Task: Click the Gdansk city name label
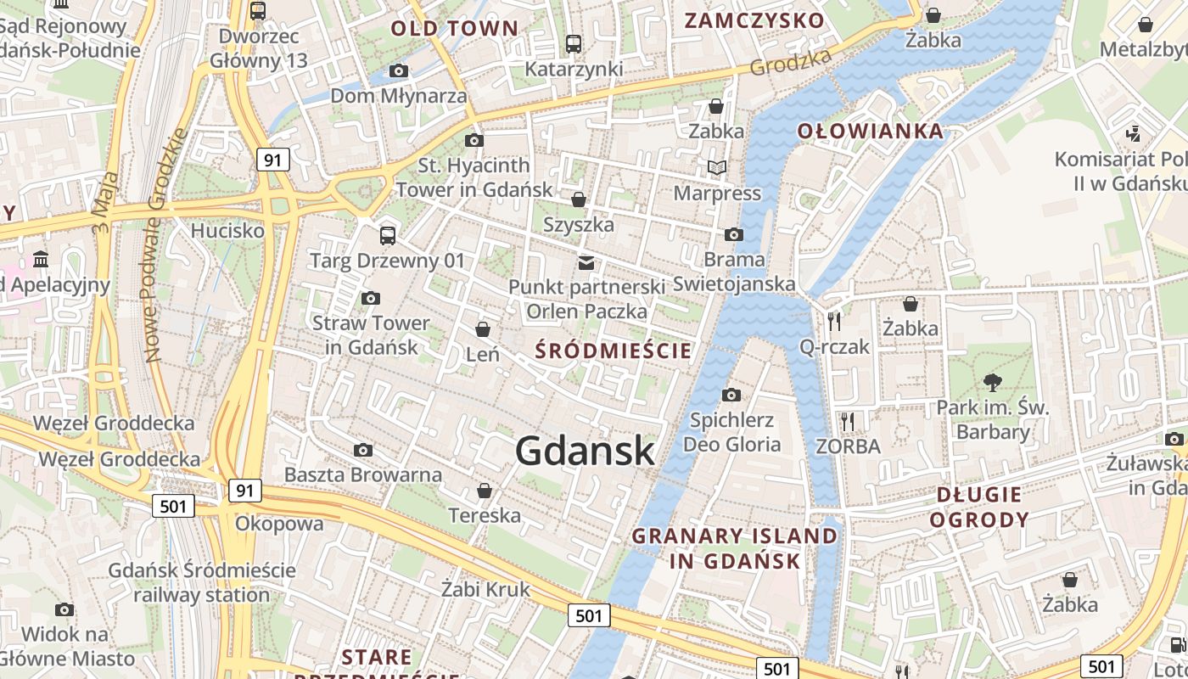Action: pyautogui.click(x=585, y=451)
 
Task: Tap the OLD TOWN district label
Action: pyautogui.click(x=454, y=28)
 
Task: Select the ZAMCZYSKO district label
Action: pyautogui.click(x=754, y=20)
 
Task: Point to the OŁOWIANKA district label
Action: pyautogui.click(x=871, y=131)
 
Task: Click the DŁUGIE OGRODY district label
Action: pyautogui.click(x=979, y=507)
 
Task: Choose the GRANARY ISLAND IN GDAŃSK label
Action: pyautogui.click(x=735, y=548)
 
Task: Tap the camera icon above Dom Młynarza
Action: pyautogui.click(x=398, y=70)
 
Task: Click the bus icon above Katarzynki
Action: pyautogui.click(x=574, y=43)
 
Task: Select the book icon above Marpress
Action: pyautogui.click(x=717, y=167)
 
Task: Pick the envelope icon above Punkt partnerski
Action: pyautogui.click(x=586, y=262)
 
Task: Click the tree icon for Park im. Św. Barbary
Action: pyautogui.click(x=992, y=382)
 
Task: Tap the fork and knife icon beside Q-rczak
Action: pyautogui.click(x=834, y=321)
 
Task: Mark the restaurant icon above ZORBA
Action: pyautogui.click(x=847, y=420)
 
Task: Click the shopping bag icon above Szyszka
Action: pyautogui.click(x=579, y=199)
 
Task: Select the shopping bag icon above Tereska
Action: pyautogui.click(x=485, y=490)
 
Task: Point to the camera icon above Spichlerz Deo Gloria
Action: pyautogui.click(x=731, y=395)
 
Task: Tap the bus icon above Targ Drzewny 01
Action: pyautogui.click(x=388, y=235)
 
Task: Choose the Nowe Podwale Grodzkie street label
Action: pyautogui.click(x=165, y=246)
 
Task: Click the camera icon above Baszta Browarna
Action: pyautogui.click(x=363, y=450)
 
